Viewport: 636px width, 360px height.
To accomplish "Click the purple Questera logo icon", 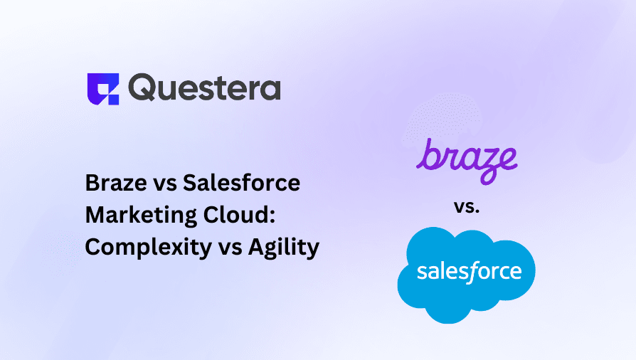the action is coord(103,89).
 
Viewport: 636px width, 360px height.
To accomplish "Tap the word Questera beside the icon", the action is coord(204,88).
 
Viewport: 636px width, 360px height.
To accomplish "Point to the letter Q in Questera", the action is coord(142,88).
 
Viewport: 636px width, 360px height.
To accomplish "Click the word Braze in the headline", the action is coord(116,183).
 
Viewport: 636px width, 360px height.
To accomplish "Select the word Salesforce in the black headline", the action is coord(241,183).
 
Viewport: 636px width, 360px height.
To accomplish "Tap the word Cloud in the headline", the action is coord(235,215).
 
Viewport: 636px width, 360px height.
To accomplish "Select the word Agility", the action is coord(284,248).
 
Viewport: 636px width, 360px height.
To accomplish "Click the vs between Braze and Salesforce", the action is coord(164,185).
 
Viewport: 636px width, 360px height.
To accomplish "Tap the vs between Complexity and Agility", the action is coord(230,249).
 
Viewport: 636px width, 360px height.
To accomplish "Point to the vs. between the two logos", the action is coord(467,208).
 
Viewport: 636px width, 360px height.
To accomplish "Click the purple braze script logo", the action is coord(467,161).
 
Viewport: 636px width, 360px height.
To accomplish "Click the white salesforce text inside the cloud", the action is coord(470,271).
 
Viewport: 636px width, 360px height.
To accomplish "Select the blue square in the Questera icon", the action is coord(113,99).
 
